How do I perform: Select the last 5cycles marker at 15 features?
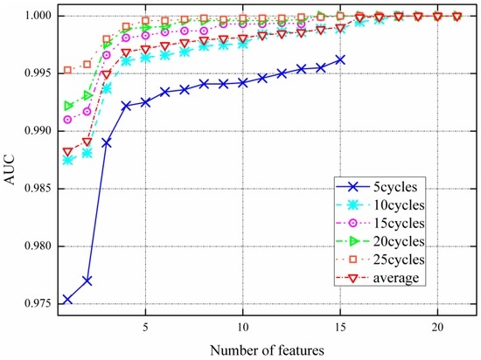click(340, 59)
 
